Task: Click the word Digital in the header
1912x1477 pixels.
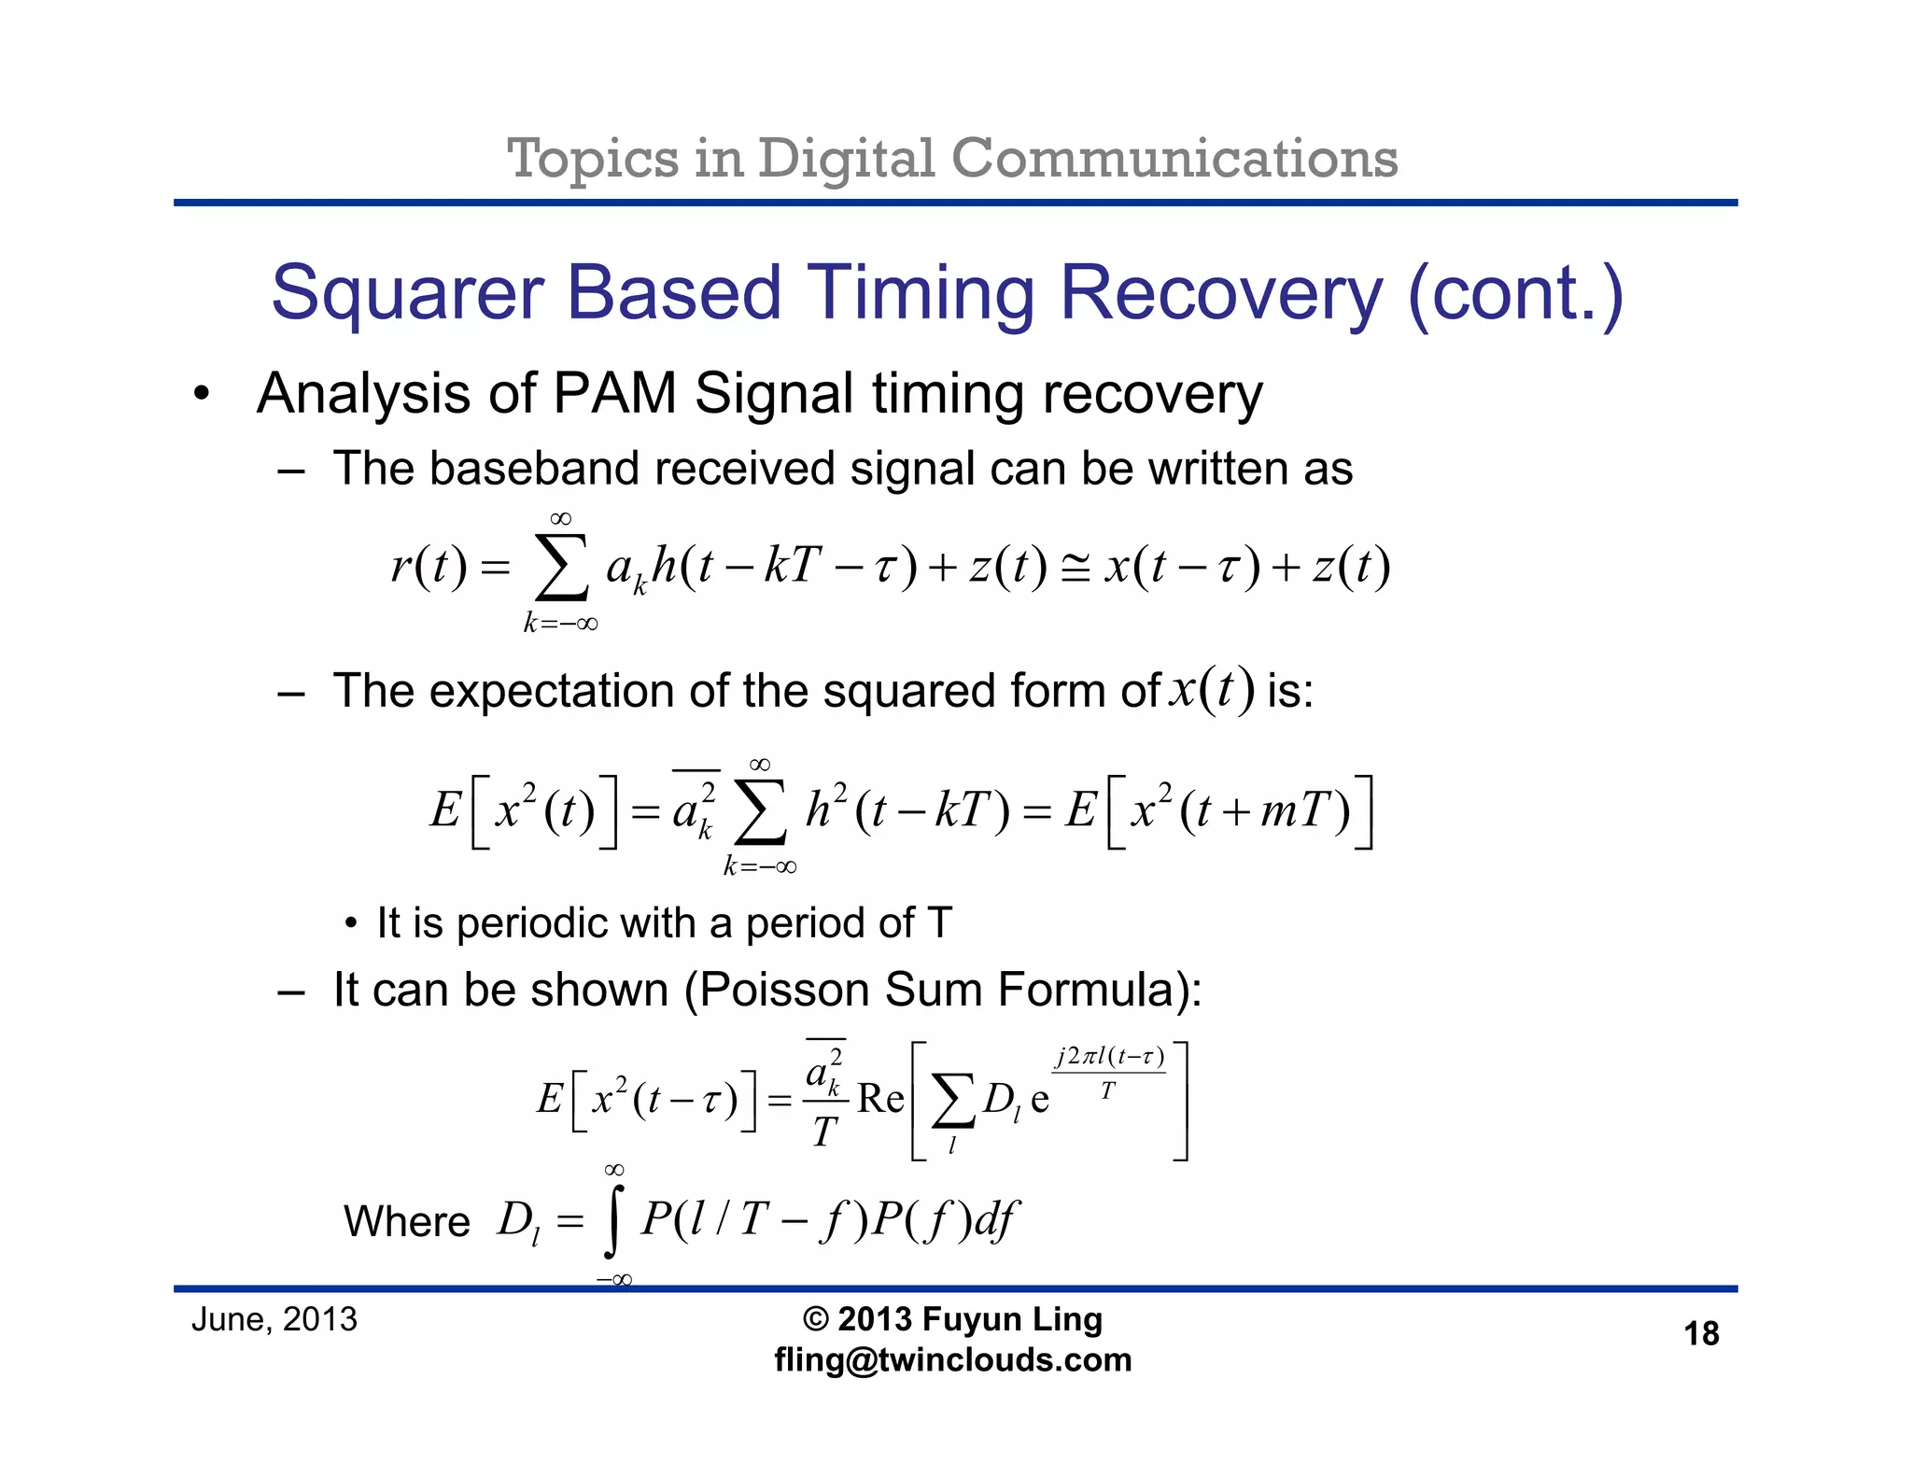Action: [x=845, y=159]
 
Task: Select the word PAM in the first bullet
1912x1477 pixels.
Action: [x=613, y=393]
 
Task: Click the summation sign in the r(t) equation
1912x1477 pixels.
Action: [x=561, y=568]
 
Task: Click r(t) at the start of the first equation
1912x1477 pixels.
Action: [x=429, y=566]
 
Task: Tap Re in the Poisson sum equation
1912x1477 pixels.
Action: [x=880, y=1099]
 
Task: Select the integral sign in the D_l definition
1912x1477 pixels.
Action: [x=612, y=1223]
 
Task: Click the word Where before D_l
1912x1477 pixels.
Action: [x=406, y=1221]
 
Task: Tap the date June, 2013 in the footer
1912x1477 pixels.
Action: [x=274, y=1319]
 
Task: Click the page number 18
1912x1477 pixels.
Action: [x=1701, y=1333]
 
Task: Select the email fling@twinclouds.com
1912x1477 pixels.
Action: [x=952, y=1360]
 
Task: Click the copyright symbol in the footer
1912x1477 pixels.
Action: [x=815, y=1319]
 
